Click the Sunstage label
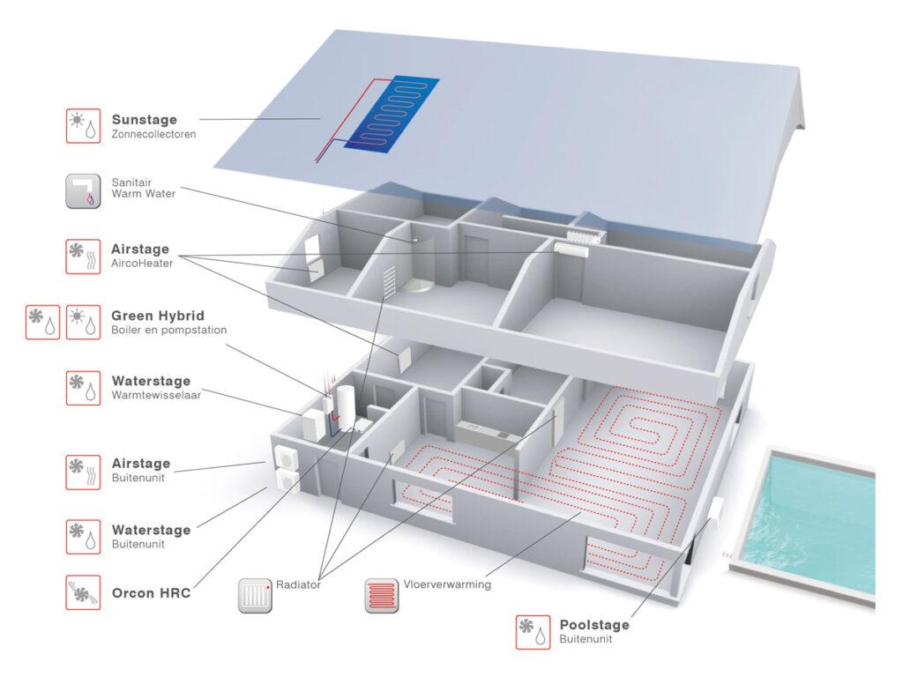144,120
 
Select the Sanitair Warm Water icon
84,190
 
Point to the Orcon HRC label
151,592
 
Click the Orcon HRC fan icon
84,592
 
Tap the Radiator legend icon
255,595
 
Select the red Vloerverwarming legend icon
382,595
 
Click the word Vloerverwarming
447,584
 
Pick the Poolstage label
594,625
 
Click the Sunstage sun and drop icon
84,126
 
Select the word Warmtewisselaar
156,396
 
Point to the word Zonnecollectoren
153,135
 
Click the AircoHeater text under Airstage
142,263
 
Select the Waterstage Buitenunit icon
84,537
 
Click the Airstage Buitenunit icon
84,471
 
